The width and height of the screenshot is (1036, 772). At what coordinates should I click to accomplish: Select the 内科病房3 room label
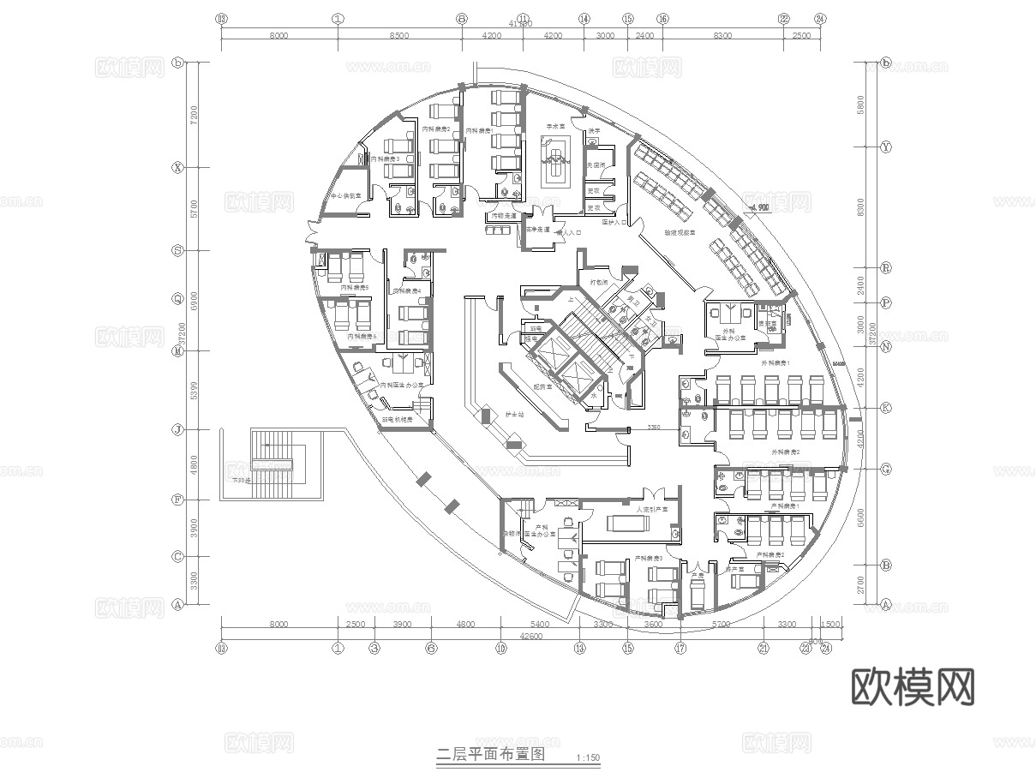[385, 159]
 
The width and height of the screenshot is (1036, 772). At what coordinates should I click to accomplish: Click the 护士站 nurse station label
[513, 414]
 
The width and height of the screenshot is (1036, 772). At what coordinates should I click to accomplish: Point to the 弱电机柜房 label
[397, 421]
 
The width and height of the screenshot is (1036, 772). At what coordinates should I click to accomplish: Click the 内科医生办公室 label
[406, 386]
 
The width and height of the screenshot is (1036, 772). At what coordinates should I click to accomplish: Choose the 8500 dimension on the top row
[399, 36]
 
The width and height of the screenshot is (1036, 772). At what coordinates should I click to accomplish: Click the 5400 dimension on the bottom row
[539, 625]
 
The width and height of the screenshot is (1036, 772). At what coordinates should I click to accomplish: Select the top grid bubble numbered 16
[662, 18]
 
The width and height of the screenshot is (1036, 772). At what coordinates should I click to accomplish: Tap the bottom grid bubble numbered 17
[680, 649]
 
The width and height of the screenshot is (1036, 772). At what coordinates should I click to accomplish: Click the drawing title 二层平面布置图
[491, 755]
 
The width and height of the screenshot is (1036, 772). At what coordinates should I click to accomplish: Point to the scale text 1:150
[589, 757]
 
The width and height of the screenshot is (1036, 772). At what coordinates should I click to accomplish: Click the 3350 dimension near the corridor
[654, 427]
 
